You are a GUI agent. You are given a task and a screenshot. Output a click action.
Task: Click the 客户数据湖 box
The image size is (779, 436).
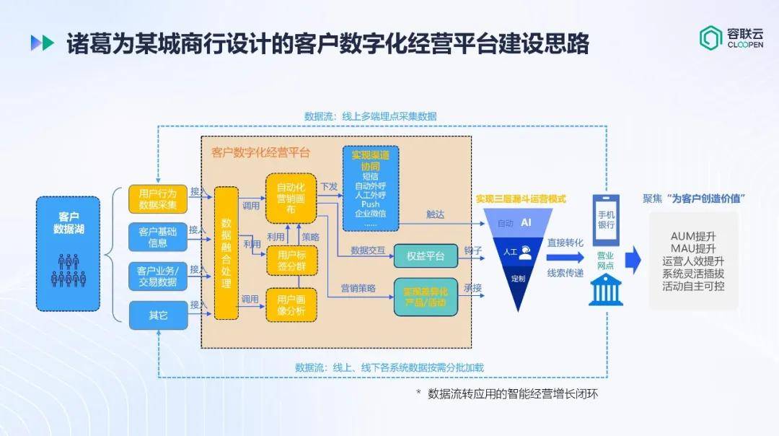click(69, 253)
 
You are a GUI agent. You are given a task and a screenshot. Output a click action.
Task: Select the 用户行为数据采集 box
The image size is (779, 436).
click(157, 199)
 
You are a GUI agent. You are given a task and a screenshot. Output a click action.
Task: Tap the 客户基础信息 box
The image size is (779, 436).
click(157, 237)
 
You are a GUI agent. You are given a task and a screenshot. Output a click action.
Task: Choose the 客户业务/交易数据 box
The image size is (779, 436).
click(157, 276)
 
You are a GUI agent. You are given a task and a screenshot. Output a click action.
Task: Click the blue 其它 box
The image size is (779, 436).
click(157, 315)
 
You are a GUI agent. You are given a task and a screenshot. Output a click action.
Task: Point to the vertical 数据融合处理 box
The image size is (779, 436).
click(226, 253)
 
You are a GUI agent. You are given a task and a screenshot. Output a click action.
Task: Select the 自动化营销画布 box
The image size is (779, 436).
click(291, 198)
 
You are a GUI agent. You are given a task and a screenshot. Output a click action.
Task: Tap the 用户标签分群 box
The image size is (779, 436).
click(291, 261)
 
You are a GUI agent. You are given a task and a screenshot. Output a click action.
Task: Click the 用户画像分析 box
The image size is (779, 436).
click(291, 304)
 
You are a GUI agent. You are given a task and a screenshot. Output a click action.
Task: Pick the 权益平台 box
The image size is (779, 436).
click(426, 256)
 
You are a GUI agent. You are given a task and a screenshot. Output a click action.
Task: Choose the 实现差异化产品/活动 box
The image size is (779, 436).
click(426, 297)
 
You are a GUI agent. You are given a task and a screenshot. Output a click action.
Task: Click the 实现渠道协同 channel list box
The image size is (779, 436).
click(370, 188)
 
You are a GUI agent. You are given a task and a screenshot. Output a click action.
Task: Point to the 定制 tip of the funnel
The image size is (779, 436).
click(518, 278)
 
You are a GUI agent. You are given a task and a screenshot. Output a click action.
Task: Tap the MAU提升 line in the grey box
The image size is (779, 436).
click(693, 249)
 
